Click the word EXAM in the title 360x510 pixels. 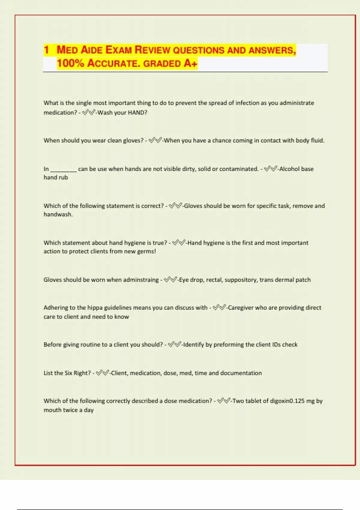118,50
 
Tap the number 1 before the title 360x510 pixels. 46,50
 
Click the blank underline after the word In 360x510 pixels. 63,169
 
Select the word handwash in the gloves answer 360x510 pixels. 58,214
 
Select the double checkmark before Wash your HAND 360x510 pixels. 88,113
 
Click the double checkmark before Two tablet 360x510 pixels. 224,401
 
